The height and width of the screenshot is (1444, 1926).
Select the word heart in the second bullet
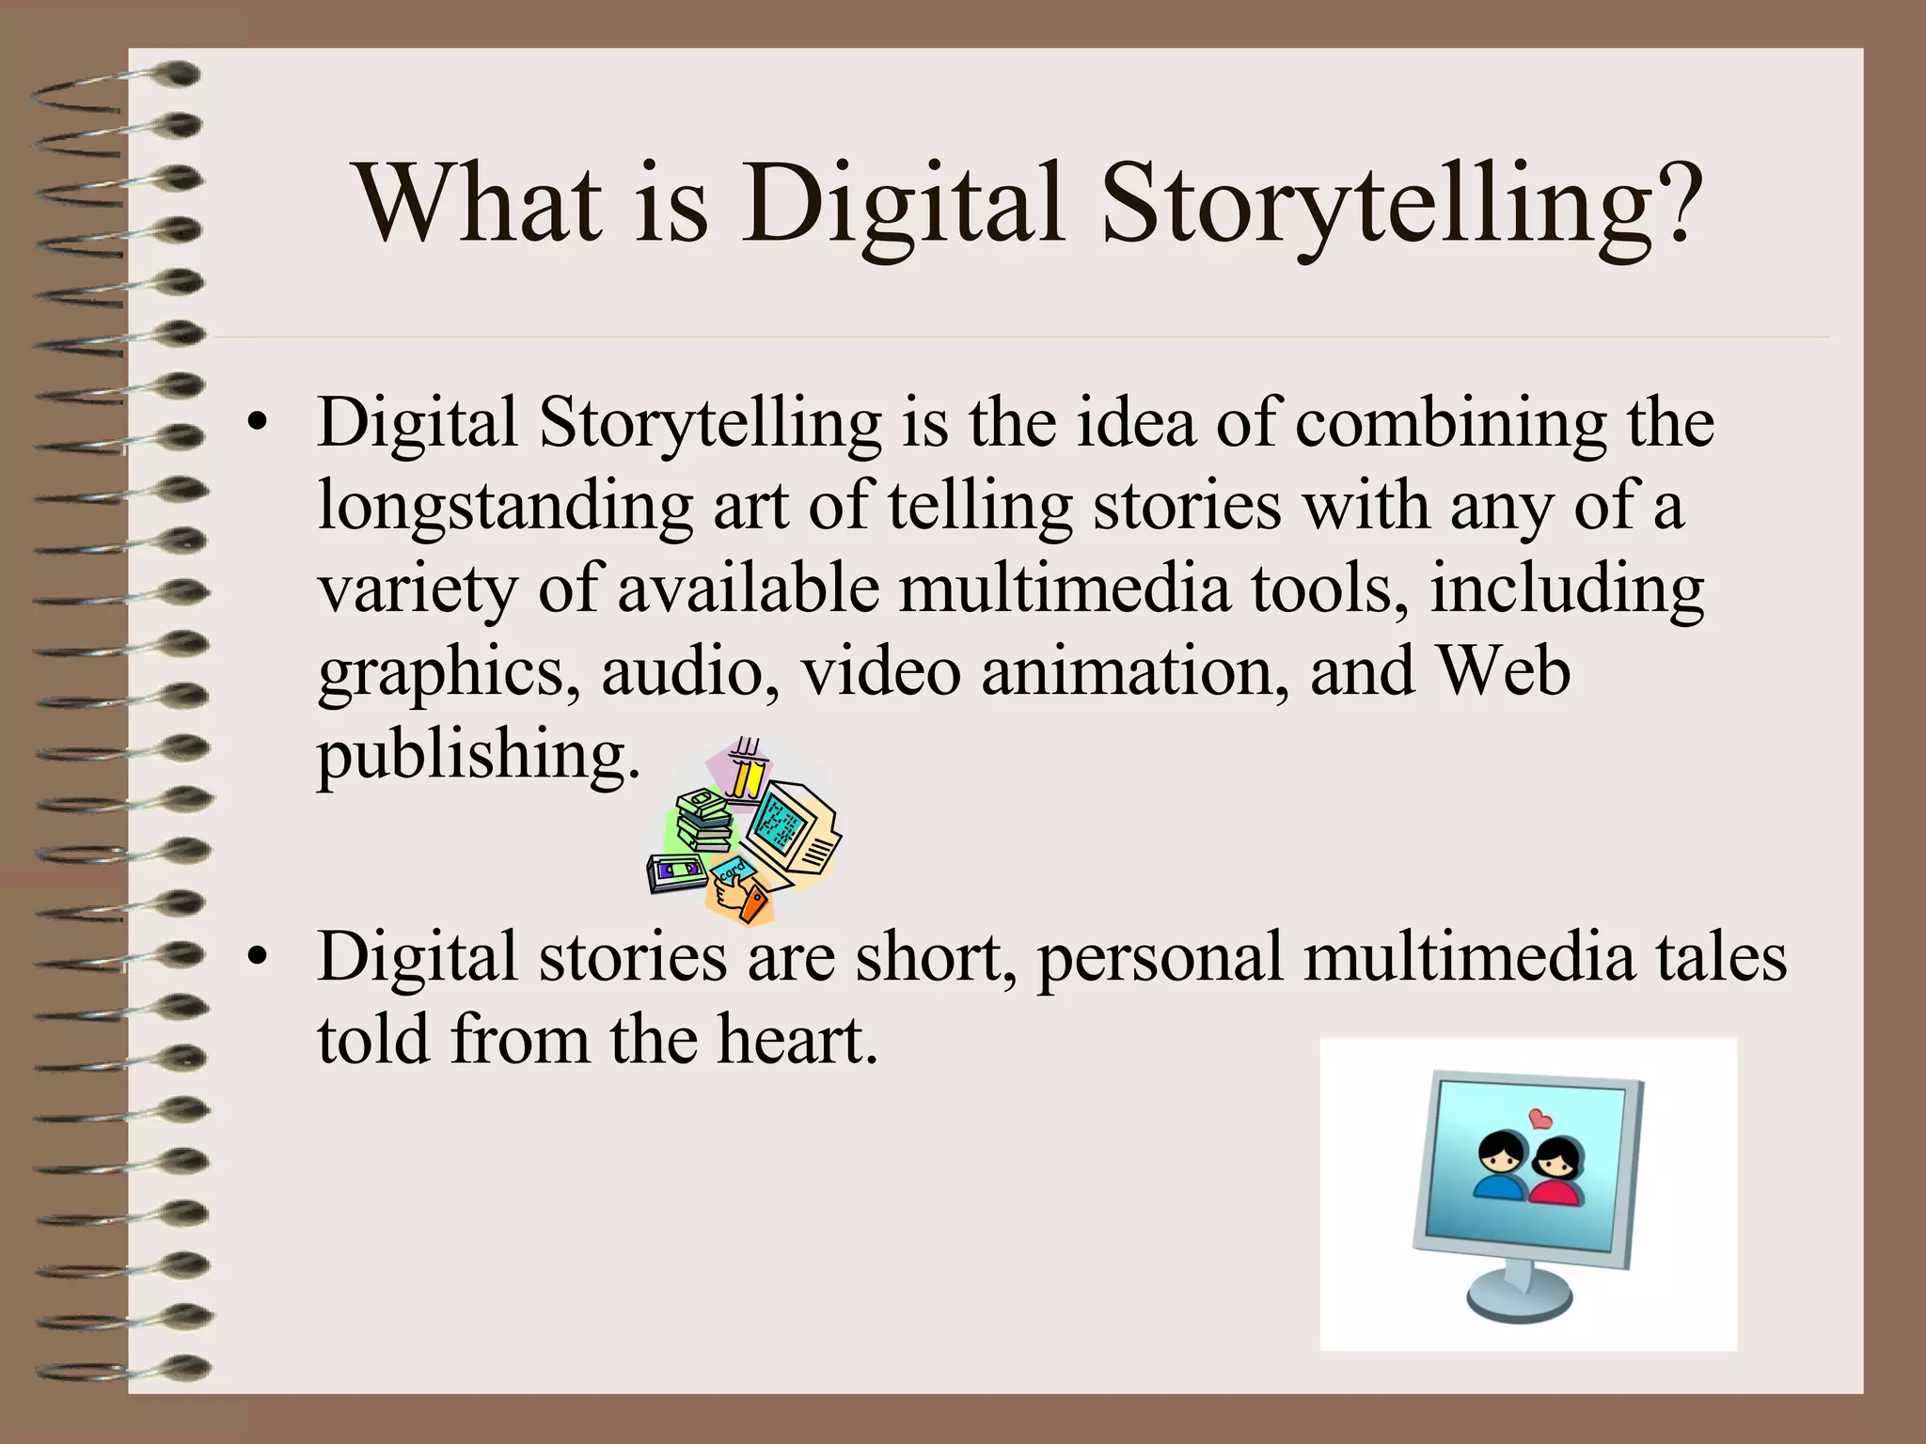click(797, 1040)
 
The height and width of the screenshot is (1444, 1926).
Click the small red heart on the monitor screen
click(1540, 1119)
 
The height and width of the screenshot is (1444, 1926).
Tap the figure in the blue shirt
click(1499, 1170)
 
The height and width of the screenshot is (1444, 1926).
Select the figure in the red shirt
click(1558, 1175)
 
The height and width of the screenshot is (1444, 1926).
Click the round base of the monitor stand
click(1519, 1300)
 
